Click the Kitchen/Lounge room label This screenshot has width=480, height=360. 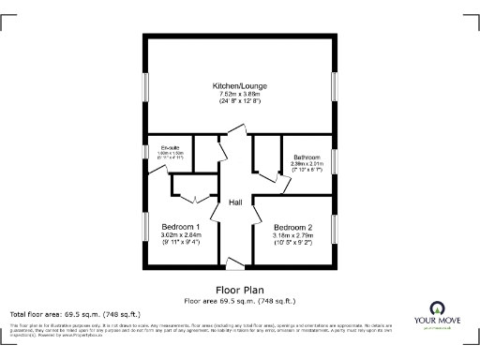click(238, 85)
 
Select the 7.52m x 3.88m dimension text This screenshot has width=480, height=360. click(238, 94)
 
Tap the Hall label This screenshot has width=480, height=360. click(236, 202)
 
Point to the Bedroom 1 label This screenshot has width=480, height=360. click(180, 228)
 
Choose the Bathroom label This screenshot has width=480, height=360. click(307, 157)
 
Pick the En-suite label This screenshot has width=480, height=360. click(170, 147)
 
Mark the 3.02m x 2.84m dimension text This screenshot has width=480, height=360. click(180, 236)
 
